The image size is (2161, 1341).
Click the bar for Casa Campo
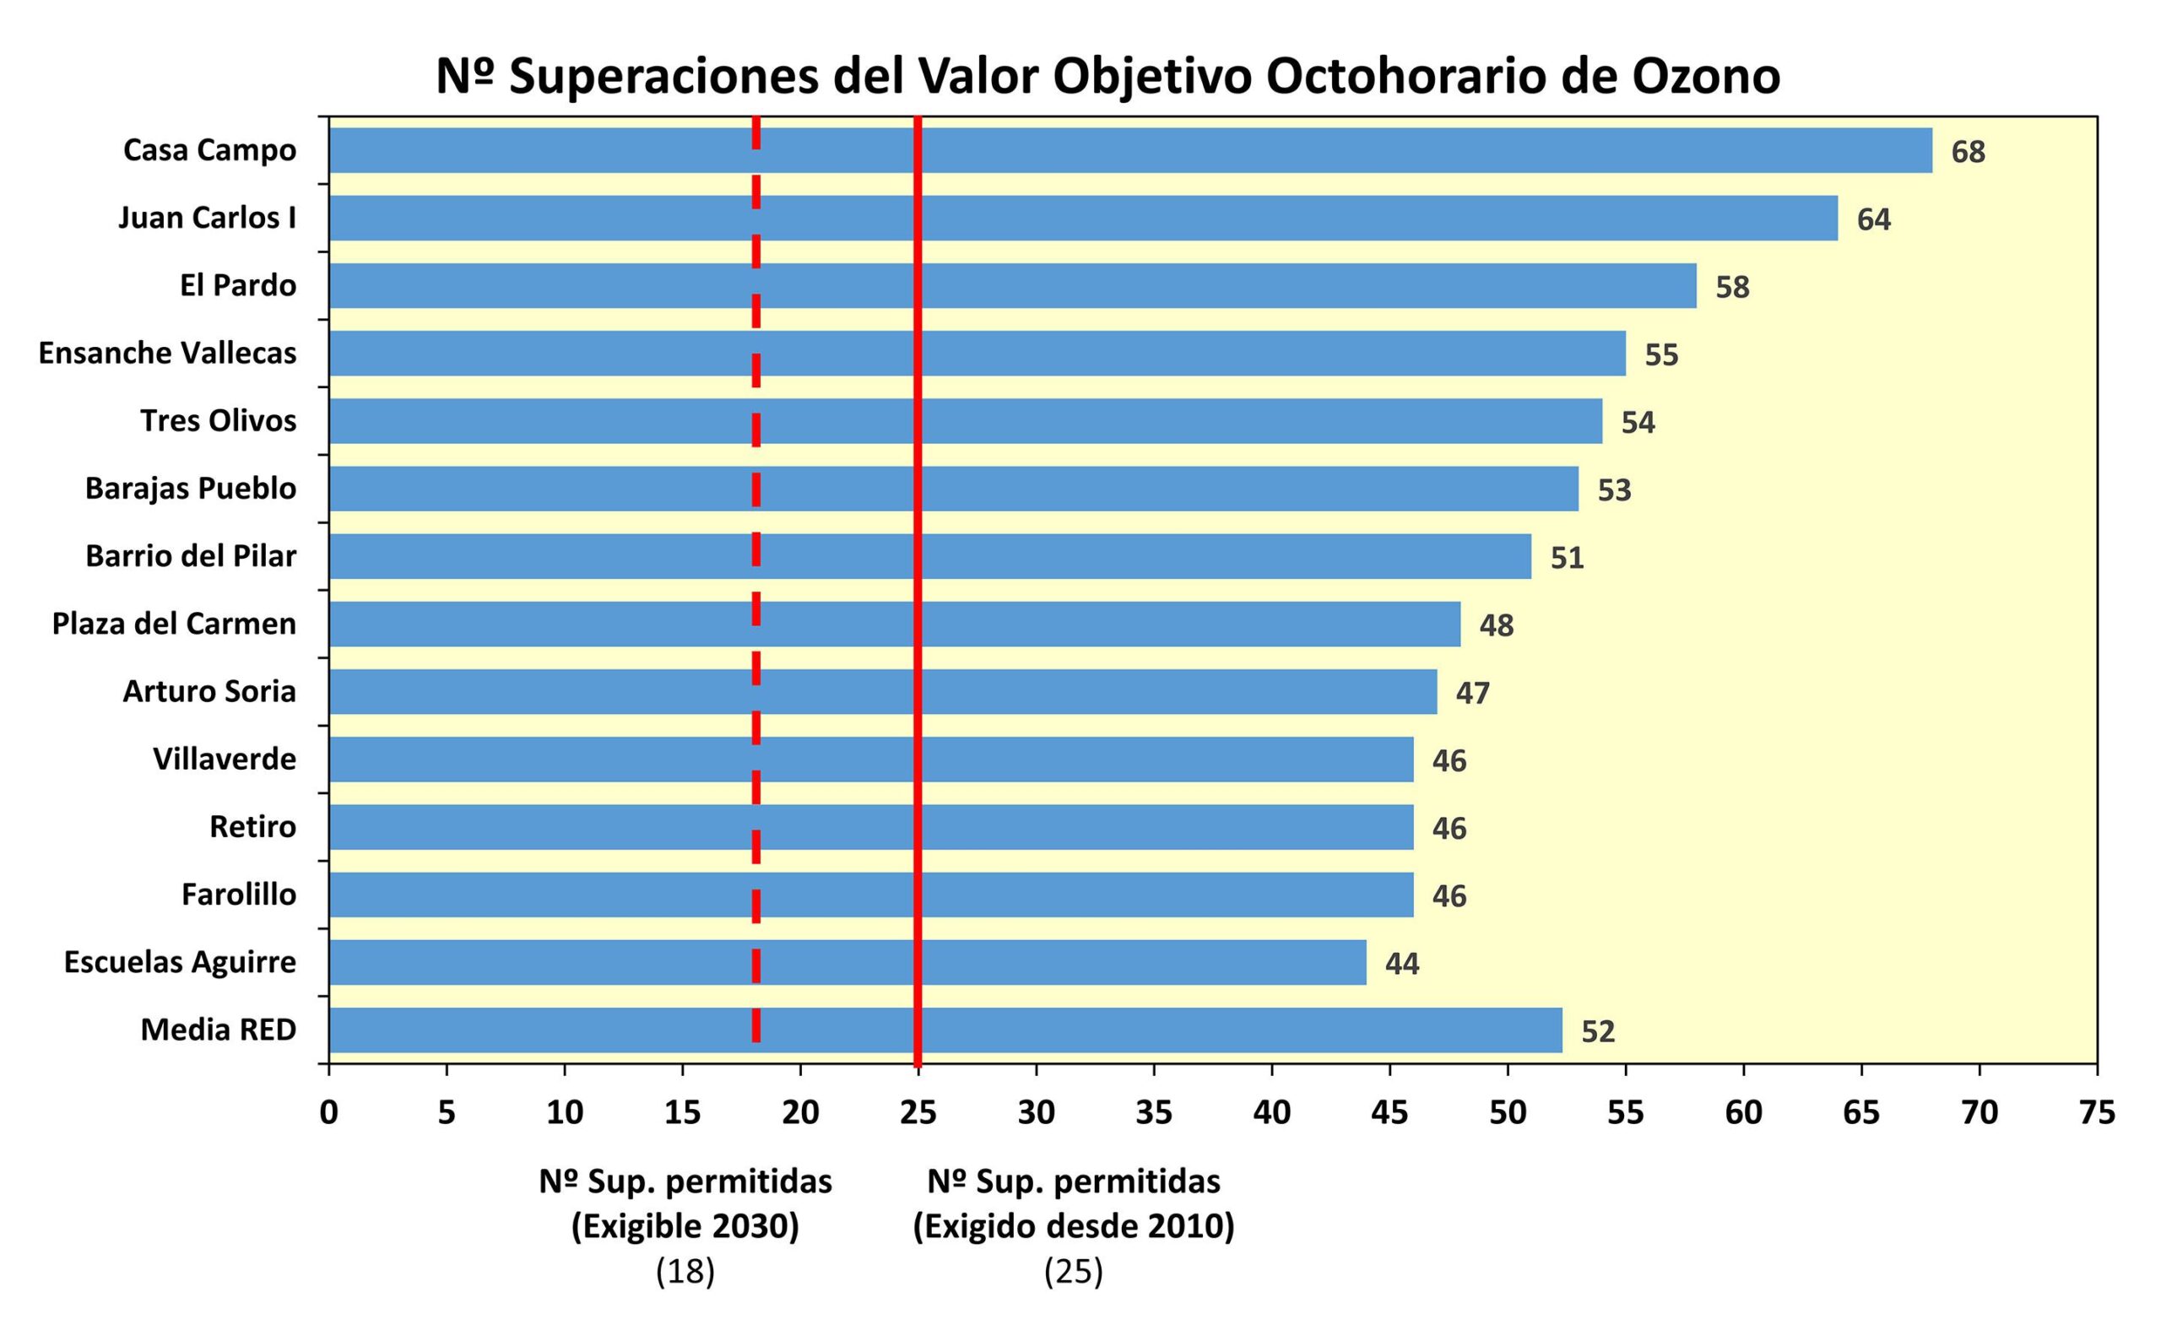(x=1130, y=150)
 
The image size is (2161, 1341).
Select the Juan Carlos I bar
(x=1082, y=219)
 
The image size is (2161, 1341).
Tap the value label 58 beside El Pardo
(x=1731, y=287)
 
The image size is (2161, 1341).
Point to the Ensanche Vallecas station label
(x=167, y=353)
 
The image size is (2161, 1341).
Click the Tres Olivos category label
(x=219, y=420)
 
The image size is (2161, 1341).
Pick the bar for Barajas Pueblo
(x=954, y=489)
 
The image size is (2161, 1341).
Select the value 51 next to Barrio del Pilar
(x=1567, y=558)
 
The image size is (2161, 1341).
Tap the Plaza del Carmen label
(x=174, y=624)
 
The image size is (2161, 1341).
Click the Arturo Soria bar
(x=883, y=692)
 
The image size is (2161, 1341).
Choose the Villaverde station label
(x=225, y=760)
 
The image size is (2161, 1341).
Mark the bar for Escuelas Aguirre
(x=848, y=962)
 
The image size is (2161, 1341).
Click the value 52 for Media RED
(x=1598, y=1031)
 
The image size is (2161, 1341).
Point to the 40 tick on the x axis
(x=1271, y=1112)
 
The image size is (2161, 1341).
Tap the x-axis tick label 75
(x=2097, y=1112)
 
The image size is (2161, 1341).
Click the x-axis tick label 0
(x=329, y=1112)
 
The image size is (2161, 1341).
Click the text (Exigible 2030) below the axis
(x=685, y=1226)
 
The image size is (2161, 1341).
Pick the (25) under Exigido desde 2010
(x=1074, y=1272)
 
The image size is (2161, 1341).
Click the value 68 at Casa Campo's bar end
(x=1968, y=152)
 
